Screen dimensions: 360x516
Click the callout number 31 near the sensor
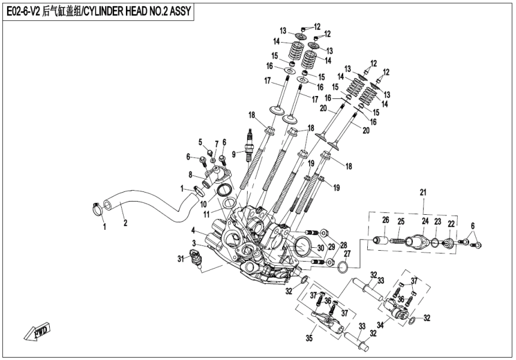click(x=179, y=259)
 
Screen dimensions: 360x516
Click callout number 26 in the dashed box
click(x=386, y=221)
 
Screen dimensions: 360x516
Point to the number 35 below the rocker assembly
click(x=310, y=339)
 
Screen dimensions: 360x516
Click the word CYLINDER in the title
click(x=109, y=11)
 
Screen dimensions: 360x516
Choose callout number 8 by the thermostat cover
click(x=190, y=176)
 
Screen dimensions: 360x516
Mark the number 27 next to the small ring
click(x=347, y=254)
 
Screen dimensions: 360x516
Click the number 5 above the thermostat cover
click(x=201, y=142)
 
